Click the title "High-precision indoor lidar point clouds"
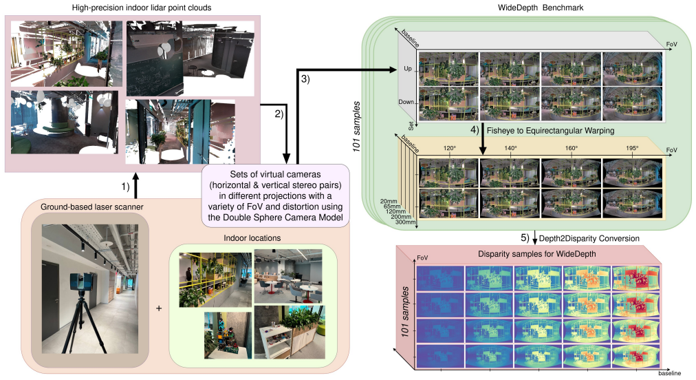pos(141,8)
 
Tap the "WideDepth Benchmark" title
pos(540,8)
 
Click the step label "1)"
pos(126,187)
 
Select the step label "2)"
pos(279,114)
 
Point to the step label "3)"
pos(305,79)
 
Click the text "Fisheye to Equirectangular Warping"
pos(550,131)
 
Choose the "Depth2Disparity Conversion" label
pos(589,239)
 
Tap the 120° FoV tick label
pos(450,148)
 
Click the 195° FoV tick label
pos(632,148)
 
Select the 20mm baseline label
pos(389,201)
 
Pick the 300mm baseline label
pos(405,222)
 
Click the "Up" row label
pos(407,69)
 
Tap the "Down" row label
pos(406,102)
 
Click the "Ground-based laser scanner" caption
pos(92,207)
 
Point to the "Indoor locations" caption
pos(252,238)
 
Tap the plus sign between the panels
pos(159,308)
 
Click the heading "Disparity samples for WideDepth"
pos(536,254)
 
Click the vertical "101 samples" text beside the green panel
pos(356,127)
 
